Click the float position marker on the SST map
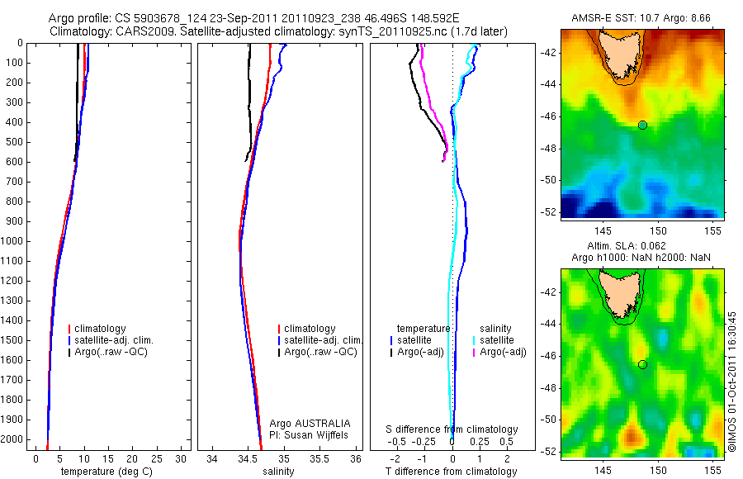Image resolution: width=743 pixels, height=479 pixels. point(642,125)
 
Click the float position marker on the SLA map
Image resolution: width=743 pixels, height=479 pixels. point(642,364)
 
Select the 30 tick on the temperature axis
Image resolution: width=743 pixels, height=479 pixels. point(180,458)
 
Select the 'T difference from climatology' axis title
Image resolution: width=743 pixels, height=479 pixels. point(451,472)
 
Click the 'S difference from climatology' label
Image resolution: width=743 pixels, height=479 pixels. point(452,429)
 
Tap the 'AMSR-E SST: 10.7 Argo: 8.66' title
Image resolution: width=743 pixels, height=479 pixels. point(642,17)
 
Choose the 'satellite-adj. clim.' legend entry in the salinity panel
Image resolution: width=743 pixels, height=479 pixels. point(323,340)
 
